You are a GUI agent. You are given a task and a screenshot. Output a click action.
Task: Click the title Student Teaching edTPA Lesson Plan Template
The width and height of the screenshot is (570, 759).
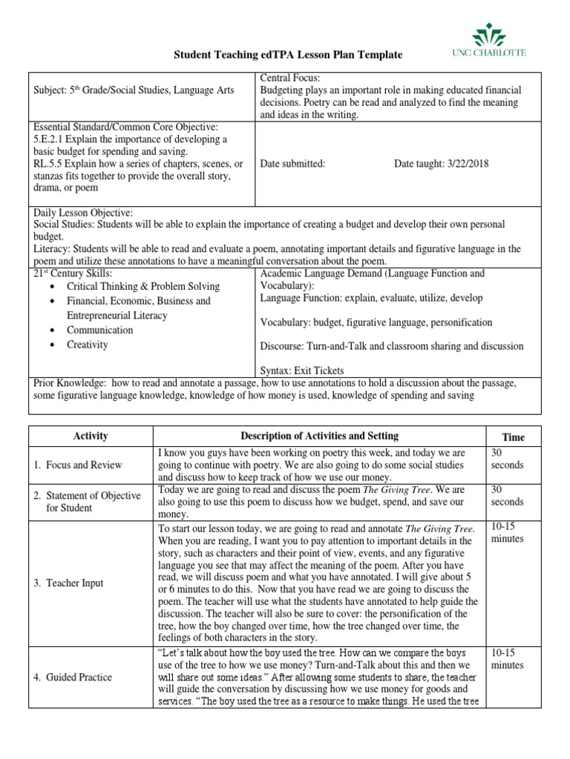click(288, 55)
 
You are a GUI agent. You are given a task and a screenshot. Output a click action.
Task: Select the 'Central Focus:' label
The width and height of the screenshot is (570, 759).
click(289, 78)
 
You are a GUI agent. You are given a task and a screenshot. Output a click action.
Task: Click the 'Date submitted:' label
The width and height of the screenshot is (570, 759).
click(293, 164)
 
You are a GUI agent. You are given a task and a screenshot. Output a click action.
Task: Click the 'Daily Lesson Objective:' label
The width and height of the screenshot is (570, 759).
click(84, 212)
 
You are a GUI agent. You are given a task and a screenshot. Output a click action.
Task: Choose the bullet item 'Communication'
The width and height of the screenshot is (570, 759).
click(100, 330)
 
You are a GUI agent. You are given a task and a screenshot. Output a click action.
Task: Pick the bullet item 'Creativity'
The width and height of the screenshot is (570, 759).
click(88, 345)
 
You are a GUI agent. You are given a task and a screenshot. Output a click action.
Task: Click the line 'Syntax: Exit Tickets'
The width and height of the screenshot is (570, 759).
click(302, 370)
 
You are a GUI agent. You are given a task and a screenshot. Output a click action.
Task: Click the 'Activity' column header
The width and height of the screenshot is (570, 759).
click(91, 437)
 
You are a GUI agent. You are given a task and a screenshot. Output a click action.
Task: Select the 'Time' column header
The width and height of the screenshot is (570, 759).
click(513, 437)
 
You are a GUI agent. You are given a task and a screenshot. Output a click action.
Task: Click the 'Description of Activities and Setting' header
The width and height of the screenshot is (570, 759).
click(319, 436)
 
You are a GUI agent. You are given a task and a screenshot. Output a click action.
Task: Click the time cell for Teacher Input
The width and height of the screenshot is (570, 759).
click(508, 532)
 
